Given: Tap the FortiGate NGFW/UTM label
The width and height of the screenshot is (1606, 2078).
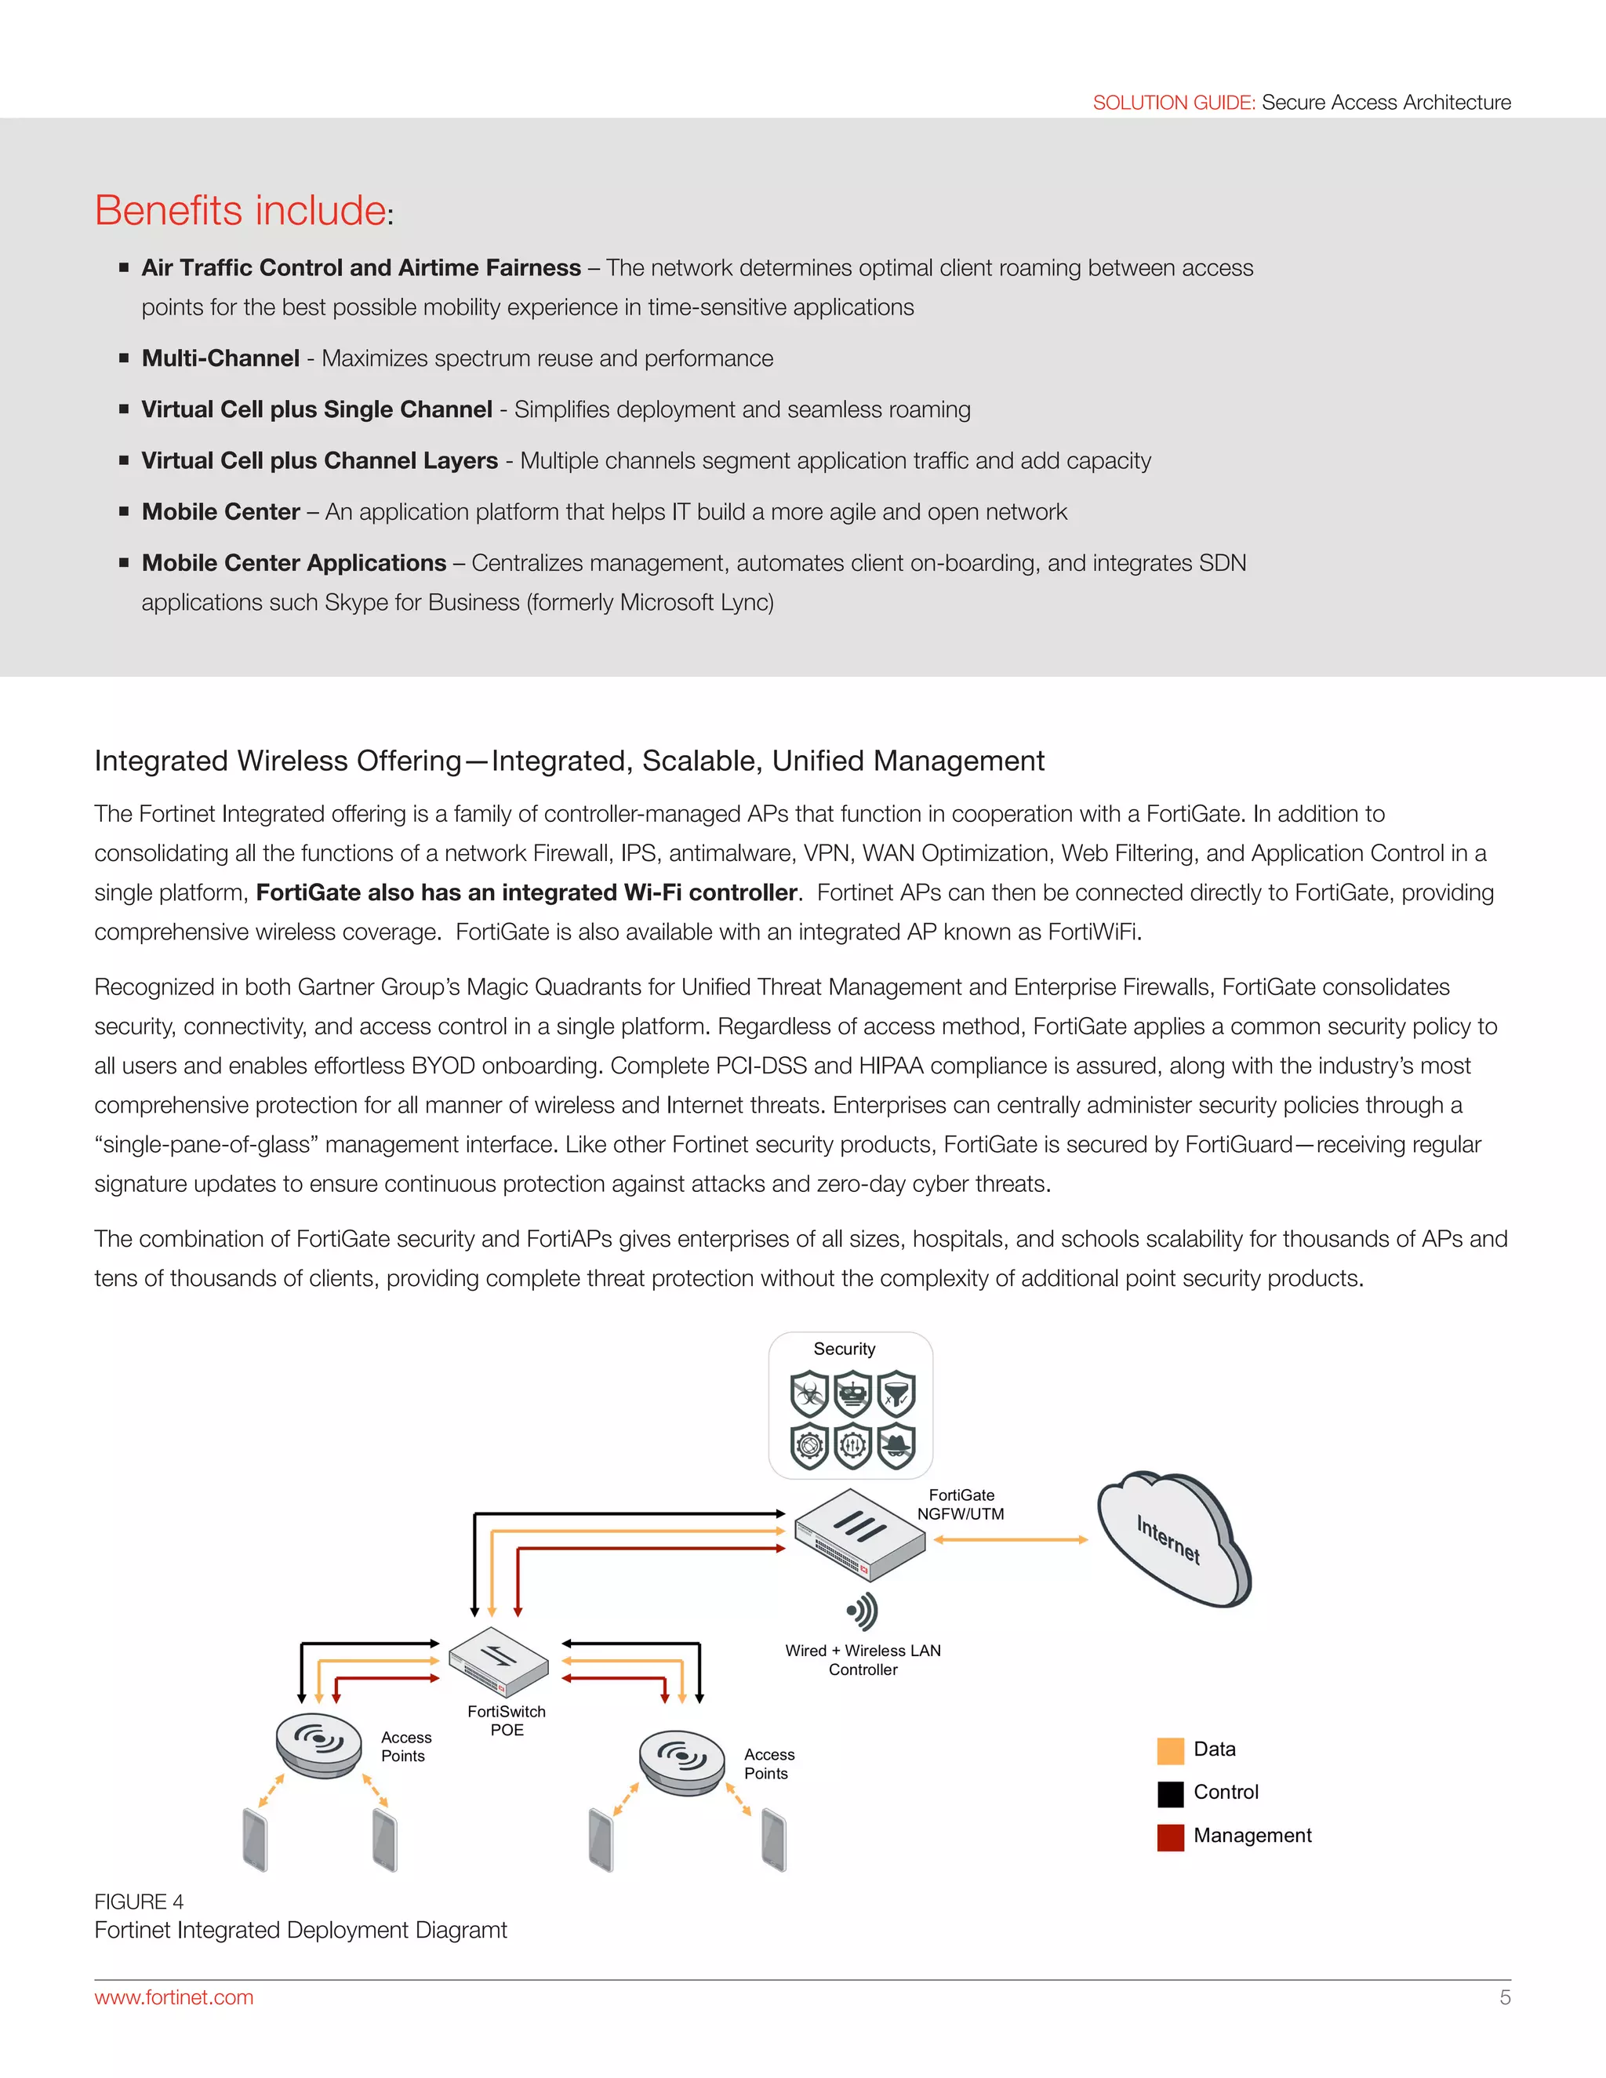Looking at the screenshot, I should (960, 1504).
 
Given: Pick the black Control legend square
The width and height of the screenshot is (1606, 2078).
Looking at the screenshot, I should (1170, 1793).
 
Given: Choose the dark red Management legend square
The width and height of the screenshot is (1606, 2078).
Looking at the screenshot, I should (1170, 1836).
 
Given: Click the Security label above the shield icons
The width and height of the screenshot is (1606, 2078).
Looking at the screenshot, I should (844, 1350).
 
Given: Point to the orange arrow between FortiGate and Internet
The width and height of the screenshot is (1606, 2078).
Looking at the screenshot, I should (1010, 1539).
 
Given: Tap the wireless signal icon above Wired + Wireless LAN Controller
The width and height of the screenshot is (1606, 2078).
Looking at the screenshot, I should (862, 1611).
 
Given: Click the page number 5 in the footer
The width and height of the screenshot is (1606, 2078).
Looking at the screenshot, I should (1504, 1997).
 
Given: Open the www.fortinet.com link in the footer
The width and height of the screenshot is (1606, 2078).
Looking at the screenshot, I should (174, 1997).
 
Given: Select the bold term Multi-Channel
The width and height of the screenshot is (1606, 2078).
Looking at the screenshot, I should (220, 358).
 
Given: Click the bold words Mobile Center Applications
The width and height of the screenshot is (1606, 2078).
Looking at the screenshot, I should (294, 563).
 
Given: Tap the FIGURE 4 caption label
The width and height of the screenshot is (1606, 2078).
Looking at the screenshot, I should (139, 1901).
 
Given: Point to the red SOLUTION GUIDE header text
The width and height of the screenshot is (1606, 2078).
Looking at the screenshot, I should (1173, 103).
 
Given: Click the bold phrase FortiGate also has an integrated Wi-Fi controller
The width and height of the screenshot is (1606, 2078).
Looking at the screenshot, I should (527, 892).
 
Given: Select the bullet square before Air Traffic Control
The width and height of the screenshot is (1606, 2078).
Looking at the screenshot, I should (124, 268).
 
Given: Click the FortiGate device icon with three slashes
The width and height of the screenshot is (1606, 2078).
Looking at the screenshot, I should (859, 1534).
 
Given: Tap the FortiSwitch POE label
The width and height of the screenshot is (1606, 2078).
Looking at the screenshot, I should (506, 1720).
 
